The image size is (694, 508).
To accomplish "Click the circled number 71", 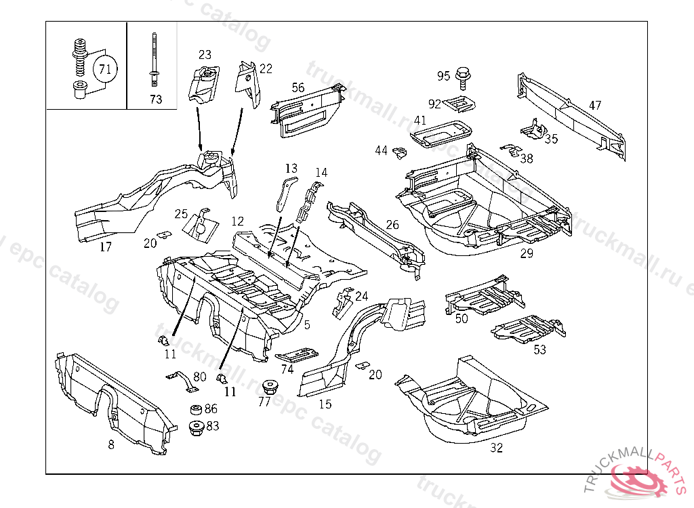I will tap(104, 68).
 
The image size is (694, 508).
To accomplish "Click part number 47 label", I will tap(594, 106).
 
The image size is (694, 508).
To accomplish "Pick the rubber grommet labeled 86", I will tap(196, 410).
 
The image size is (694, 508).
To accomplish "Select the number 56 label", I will tap(298, 87).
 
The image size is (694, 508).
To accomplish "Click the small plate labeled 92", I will tap(460, 104).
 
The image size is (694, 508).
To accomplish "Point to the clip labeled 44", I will tap(399, 153).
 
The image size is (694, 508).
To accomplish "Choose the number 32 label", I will tap(497, 448).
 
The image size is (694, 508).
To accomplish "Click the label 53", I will tap(539, 350).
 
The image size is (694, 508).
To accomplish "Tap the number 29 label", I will tap(527, 253).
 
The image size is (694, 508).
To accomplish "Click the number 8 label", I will tap(111, 445).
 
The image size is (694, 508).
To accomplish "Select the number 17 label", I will tap(105, 247).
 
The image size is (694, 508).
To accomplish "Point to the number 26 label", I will tap(392, 225).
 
